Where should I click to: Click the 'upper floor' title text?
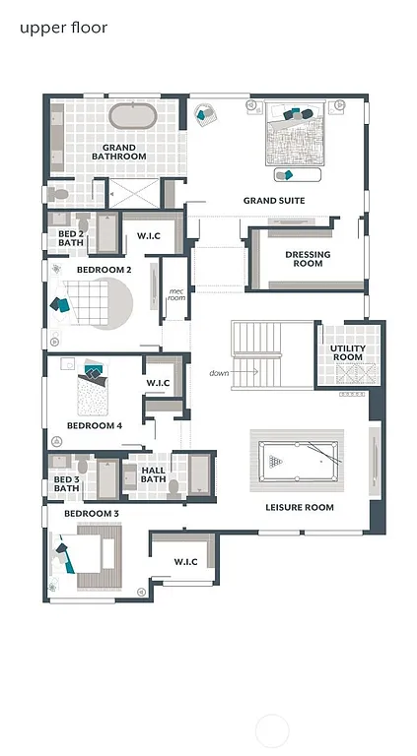click(x=63, y=28)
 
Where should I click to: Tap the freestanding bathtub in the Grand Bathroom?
click(x=133, y=116)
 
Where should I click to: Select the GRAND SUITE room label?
click(x=274, y=201)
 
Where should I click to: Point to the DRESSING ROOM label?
click(x=308, y=259)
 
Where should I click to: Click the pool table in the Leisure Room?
click(x=298, y=459)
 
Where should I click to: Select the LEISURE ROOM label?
click(x=300, y=508)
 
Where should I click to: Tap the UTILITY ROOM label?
click(x=347, y=353)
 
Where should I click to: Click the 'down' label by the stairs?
click(x=219, y=373)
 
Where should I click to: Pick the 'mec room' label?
click(x=176, y=294)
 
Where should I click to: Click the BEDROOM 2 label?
click(x=104, y=269)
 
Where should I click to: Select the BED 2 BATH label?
click(x=70, y=237)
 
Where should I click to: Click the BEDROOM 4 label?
click(x=95, y=426)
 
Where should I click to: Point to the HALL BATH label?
click(x=154, y=474)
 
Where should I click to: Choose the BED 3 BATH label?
click(x=66, y=483)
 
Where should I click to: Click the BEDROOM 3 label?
click(x=92, y=514)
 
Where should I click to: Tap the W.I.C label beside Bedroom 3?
click(x=185, y=562)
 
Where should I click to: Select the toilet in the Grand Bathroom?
click(x=58, y=194)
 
